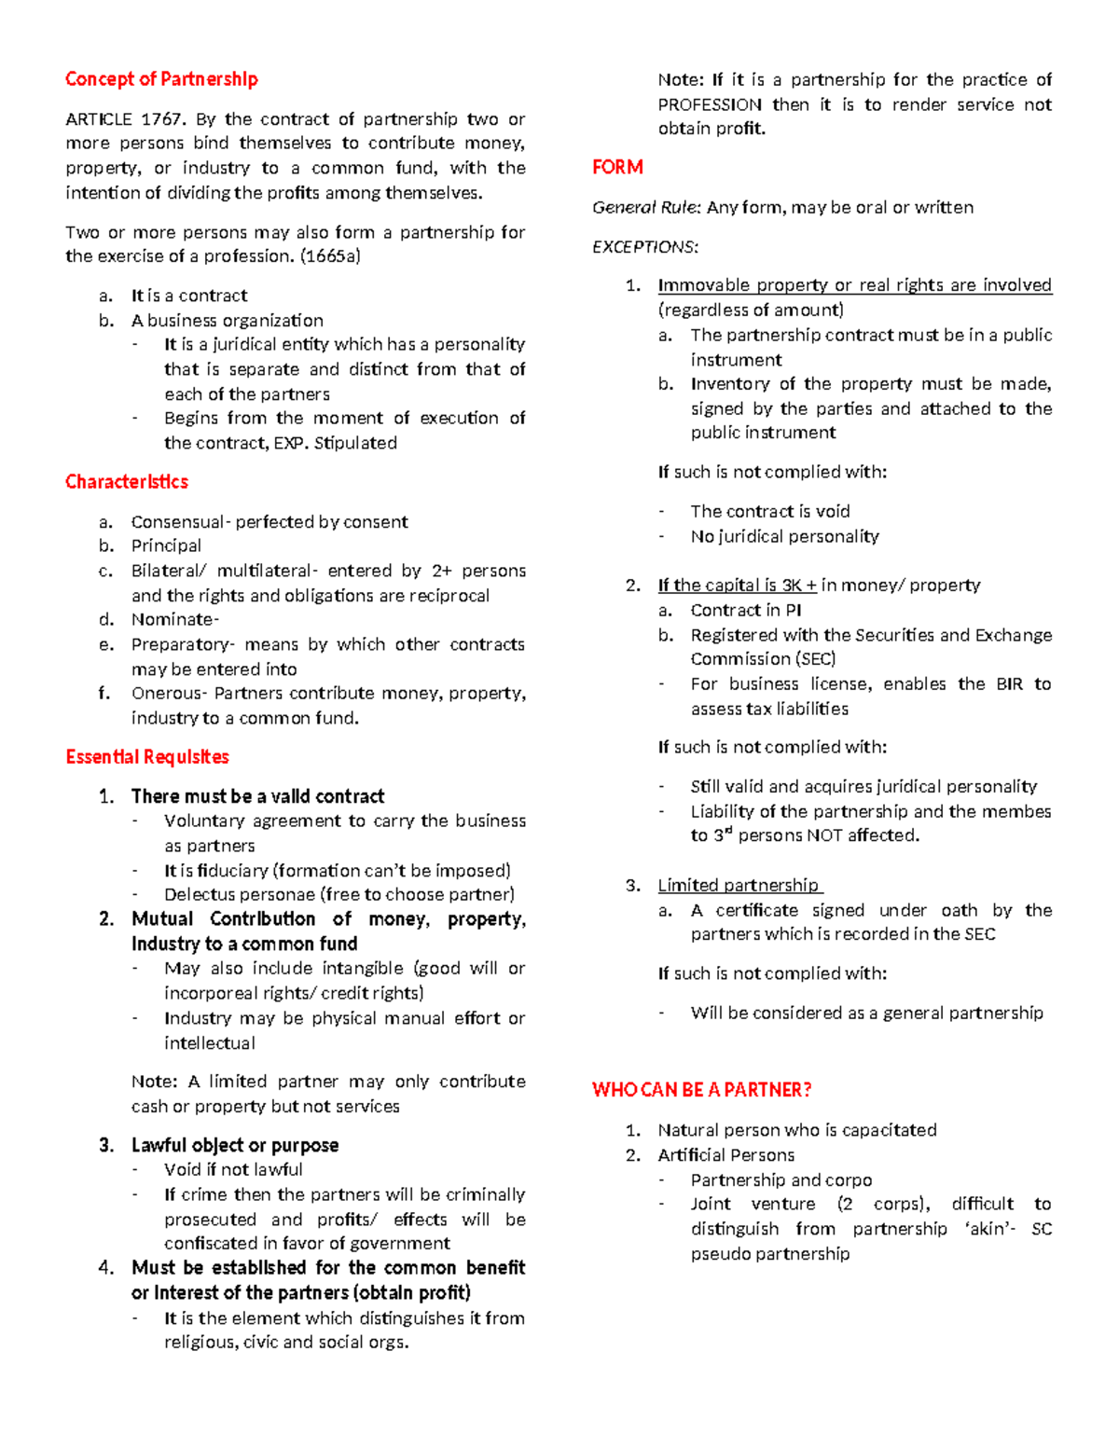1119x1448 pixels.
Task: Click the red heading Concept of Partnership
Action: (161, 79)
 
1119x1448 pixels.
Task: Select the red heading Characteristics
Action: (127, 482)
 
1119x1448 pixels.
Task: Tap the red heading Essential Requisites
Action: (147, 757)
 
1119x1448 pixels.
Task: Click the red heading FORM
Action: (617, 168)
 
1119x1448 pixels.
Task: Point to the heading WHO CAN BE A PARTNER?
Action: (701, 1090)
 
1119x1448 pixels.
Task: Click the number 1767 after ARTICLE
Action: (163, 119)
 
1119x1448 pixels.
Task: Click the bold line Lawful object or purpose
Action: (235, 1146)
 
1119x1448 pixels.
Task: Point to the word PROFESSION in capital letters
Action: (710, 105)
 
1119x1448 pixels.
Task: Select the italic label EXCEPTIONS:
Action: (645, 247)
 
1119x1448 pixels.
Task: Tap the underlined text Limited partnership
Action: (739, 886)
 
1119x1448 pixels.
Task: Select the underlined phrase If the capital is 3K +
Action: (737, 586)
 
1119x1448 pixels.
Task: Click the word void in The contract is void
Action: (832, 512)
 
